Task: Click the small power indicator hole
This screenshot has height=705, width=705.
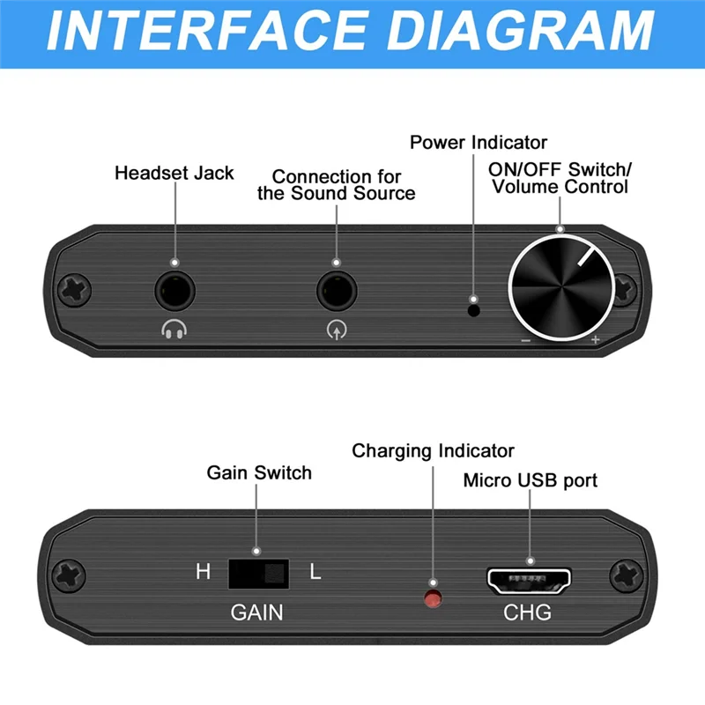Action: point(474,308)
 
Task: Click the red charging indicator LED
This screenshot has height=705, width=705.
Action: point(433,599)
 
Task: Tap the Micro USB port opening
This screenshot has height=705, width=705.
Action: point(530,581)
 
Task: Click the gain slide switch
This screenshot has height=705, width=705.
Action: point(258,574)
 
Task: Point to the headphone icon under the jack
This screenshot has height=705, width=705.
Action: point(174,330)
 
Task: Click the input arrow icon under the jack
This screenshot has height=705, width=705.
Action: point(336,330)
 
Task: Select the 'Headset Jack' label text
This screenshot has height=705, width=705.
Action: point(174,172)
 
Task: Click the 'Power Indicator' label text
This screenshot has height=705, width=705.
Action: point(479,142)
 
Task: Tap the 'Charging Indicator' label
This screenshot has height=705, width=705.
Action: point(433,451)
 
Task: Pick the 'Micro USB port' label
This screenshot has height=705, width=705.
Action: point(531,480)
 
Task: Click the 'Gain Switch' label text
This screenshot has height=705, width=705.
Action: point(259,472)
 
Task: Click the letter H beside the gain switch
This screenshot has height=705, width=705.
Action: point(203,572)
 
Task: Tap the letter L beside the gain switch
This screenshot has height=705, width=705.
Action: point(315,572)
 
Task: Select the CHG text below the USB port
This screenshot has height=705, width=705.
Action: point(527,612)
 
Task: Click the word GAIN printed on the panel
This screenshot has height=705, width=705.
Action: point(257,612)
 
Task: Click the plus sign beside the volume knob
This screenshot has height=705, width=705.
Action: point(596,340)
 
